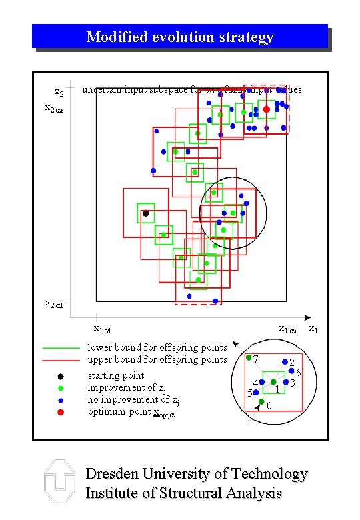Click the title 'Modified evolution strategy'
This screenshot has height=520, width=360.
click(180, 37)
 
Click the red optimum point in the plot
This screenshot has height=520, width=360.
click(267, 109)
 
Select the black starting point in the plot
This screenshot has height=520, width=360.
click(145, 213)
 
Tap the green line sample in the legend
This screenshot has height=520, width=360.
click(61, 348)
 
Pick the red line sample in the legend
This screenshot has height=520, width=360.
click(61, 360)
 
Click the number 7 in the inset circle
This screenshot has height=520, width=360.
click(256, 359)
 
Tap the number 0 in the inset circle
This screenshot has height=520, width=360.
click(269, 406)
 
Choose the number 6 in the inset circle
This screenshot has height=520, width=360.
click(299, 373)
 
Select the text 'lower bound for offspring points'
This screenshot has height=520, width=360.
click(157, 347)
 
